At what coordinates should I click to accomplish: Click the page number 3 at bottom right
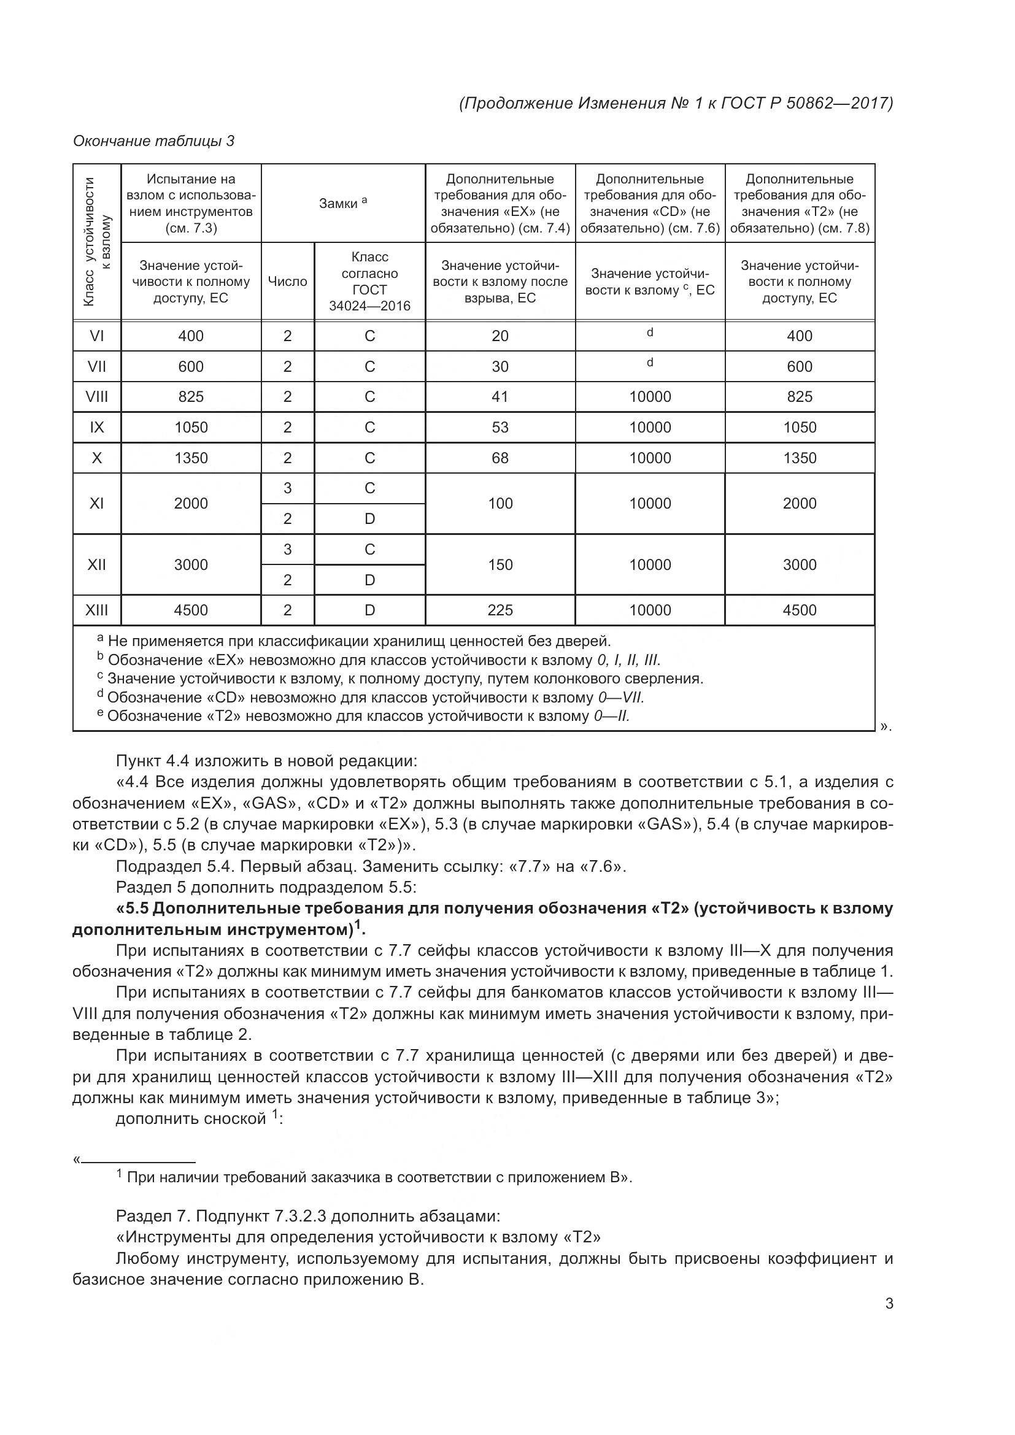coord(889,1304)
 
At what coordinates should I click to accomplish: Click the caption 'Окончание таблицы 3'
coord(154,141)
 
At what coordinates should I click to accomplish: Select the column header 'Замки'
coord(342,203)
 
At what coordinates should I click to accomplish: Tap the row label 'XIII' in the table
coord(97,610)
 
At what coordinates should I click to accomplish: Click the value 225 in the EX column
coord(500,610)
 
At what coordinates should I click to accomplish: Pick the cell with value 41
coord(500,397)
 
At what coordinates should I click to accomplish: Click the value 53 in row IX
coord(500,428)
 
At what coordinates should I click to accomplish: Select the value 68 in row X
coord(500,458)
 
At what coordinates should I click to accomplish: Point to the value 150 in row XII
coord(500,564)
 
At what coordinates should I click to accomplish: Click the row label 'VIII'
coord(97,397)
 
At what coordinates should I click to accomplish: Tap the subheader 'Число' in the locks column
coord(287,281)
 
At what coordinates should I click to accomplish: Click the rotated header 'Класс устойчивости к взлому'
coord(97,242)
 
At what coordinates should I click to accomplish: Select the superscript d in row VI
coord(650,333)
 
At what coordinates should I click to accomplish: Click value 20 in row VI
coord(500,336)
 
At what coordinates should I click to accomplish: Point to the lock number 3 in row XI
coord(287,488)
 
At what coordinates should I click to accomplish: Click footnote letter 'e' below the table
coord(100,714)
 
